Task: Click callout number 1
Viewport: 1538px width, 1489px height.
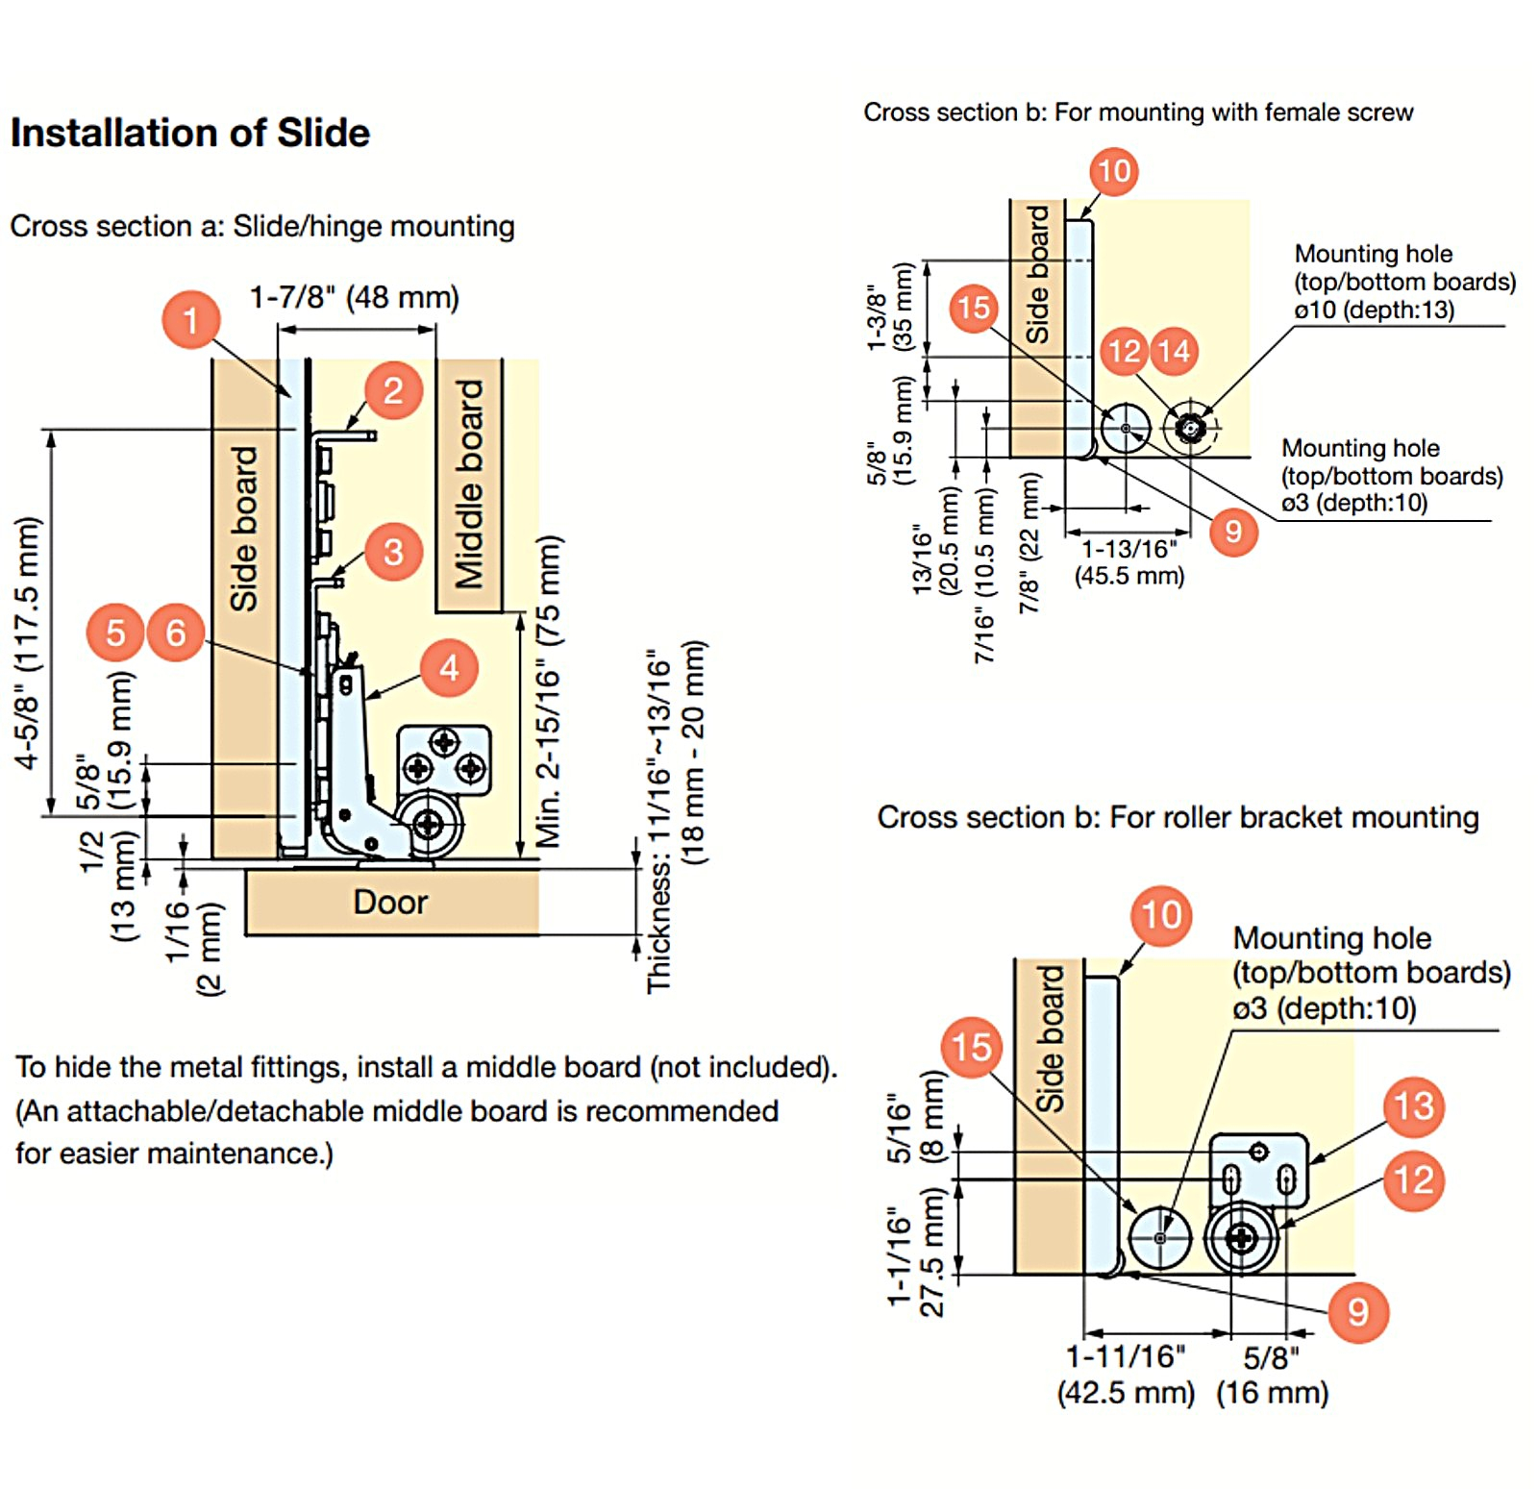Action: pos(190,319)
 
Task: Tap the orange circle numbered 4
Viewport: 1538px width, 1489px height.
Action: pos(449,668)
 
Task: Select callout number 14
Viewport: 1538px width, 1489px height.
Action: pos(1174,351)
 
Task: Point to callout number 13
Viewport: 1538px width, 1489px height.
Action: pos(1414,1106)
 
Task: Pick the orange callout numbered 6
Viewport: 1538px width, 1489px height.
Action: pos(175,633)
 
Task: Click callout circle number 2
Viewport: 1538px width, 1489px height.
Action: pos(393,390)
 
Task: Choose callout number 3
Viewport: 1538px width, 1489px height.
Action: pos(393,552)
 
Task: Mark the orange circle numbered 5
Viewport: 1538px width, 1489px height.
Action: pos(115,633)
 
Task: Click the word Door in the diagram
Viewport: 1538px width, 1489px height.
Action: pos(390,902)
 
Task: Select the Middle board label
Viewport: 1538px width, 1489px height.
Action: pos(469,484)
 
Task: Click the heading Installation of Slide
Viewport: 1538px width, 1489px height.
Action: pos(190,133)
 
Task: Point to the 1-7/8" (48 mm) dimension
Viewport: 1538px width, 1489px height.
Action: pos(355,297)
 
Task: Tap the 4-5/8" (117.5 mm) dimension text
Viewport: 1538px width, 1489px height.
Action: pos(28,642)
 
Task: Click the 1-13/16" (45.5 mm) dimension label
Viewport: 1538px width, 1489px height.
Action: pos(1129,562)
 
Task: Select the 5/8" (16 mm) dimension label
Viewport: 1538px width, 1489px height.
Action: pos(1272,1375)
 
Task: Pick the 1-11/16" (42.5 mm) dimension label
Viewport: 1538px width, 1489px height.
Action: pos(1126,1375)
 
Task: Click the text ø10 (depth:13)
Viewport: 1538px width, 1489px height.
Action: pos(1374,310)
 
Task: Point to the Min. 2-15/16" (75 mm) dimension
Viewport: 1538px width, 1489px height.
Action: pos(548,691)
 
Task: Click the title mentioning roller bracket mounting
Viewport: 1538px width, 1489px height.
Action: pos(1178,817)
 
